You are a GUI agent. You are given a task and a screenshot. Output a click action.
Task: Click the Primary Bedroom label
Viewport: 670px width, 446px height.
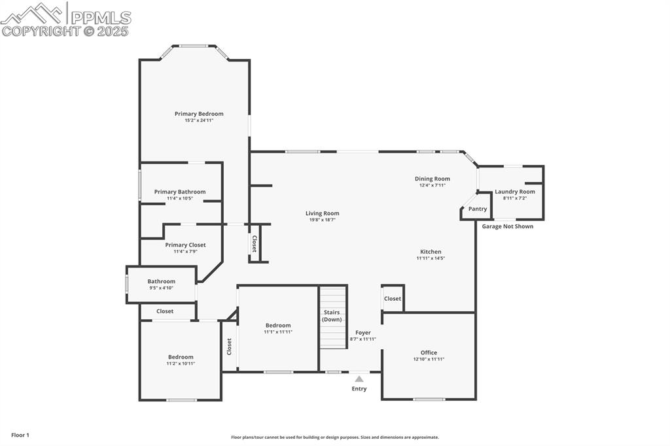click(x=199, y=114)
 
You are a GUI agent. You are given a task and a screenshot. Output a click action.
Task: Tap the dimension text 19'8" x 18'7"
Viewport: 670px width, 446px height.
click(x=322, y=220)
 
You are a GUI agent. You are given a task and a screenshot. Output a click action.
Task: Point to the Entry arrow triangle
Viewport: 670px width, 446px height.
click(x=359, y=379)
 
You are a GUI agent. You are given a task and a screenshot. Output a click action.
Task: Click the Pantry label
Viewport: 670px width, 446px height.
click(x=478, y=209)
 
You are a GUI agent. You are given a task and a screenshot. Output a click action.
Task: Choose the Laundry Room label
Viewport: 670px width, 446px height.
click(x=515, y=192)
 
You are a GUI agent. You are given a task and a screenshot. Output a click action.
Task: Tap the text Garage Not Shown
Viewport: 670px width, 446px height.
click(x=508, y=226)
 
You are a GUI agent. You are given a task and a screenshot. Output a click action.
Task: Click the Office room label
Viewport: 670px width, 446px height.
click(x=429, y=352)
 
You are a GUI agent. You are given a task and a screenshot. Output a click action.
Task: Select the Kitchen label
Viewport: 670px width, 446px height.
click(x=431, y=252)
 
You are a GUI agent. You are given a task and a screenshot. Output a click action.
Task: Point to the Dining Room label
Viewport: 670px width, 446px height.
click(x=432, y=179)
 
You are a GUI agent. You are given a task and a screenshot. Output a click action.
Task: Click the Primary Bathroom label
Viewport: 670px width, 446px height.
click(x=180, y=192)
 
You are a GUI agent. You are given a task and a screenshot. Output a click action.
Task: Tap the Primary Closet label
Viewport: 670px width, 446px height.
click(x=185, y=245)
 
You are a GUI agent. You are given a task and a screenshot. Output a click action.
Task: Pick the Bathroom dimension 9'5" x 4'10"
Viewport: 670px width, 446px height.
click(x=161, y=288)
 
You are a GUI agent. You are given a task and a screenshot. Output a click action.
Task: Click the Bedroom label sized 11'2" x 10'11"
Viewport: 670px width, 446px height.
click(x=181, y=357)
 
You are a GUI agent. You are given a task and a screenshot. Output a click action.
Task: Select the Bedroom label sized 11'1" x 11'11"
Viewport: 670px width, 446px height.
click(x=278, y=325)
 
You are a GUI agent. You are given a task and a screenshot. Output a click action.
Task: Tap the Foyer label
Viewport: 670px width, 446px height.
click(x=362, y=333)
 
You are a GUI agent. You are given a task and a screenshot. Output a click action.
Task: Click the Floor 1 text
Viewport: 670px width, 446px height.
click(x=20, y=435)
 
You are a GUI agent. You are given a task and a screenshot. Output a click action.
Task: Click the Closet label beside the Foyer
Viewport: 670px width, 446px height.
click(x=393, y=299)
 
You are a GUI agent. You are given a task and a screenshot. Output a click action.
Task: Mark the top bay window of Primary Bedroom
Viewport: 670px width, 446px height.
click(x=194, y=46)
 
